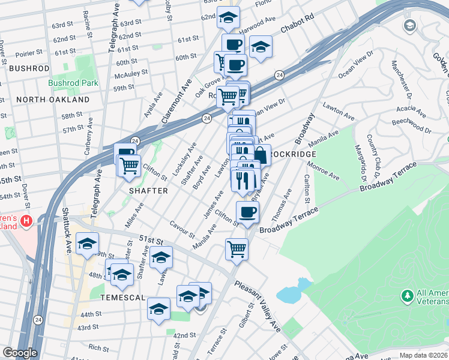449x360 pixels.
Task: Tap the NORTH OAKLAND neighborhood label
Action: pos(53,100)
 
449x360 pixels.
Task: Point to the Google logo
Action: pos(20,353)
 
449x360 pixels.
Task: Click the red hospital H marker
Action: pos(26,221)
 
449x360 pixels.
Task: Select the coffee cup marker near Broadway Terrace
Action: pos(247,211)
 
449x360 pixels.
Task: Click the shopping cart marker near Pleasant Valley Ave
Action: pos(237,247)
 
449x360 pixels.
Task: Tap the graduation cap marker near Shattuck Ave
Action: pos(88,243)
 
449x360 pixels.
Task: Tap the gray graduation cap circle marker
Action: pos(410,25)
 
